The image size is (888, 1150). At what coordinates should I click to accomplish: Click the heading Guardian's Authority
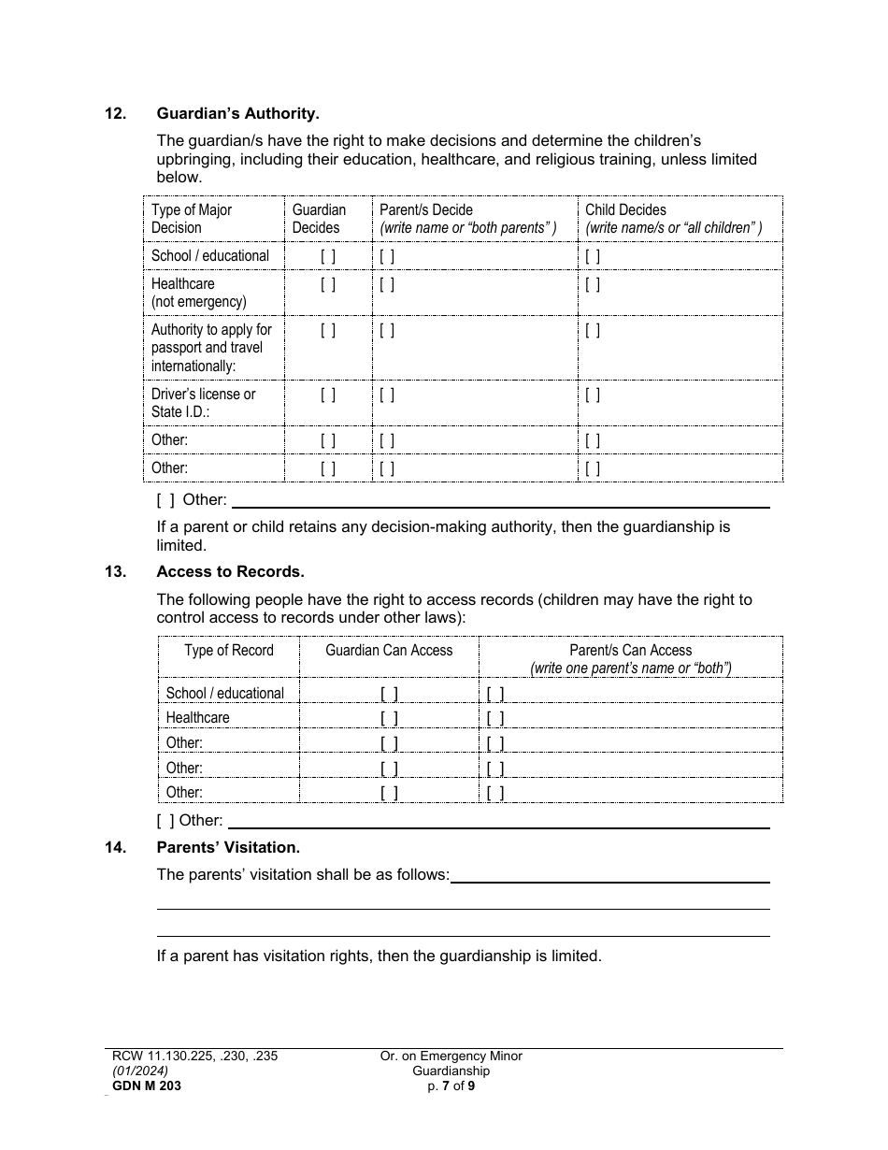click(237, 114)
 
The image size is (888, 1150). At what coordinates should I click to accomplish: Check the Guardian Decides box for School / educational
click(328, 256)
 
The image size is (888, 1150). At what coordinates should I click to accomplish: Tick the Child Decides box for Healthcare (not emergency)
click(593, 284)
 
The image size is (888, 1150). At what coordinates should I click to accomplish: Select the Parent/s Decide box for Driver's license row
click(387, 395)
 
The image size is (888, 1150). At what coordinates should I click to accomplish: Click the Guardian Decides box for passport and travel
click(328, 330)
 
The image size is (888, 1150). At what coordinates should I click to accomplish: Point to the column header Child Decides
click(625, 210)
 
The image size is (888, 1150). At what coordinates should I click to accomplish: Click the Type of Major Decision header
click(192, 219)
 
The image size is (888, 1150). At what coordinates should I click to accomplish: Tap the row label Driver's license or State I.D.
click(203, 403)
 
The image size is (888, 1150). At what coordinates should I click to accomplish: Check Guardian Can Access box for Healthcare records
click(389, 718)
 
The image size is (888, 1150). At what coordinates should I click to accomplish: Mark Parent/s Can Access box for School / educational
click(495, 694)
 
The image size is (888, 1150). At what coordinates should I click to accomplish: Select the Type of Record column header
click(229, 651)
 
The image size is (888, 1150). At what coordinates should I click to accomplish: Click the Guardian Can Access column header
click(389, 651)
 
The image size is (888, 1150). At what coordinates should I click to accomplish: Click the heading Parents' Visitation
click(228, 848)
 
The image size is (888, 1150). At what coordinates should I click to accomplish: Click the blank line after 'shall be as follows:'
click(609, 876)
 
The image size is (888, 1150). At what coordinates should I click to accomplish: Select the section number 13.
click(115, 572)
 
